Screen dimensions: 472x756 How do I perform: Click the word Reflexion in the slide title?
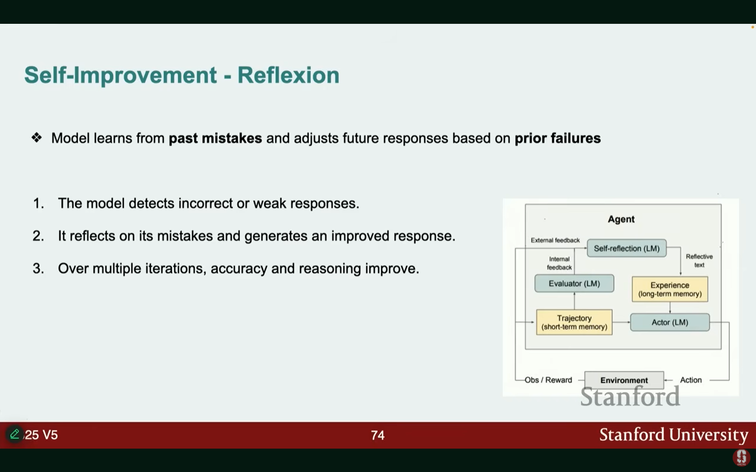288,75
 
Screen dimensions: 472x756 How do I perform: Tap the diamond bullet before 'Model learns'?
36,138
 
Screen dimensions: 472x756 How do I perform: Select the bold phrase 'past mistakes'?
215,138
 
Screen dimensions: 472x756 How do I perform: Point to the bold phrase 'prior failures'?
558,138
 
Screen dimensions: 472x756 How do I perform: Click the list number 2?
38,236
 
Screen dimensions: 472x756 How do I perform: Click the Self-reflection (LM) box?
626,248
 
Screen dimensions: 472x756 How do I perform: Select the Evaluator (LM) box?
574,284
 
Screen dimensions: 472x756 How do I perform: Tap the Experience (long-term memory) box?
670,289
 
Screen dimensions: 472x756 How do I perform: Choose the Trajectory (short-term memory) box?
574,322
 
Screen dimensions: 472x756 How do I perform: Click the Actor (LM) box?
670,322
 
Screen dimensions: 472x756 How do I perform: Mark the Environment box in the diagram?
624,380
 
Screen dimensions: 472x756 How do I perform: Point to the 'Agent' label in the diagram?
621,219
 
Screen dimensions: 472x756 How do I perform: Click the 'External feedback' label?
555,240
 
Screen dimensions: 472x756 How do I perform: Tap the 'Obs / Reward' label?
548,380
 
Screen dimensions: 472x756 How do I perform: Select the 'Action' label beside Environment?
690,380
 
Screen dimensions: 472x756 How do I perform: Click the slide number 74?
378,435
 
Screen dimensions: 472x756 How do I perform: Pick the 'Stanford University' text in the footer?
673,435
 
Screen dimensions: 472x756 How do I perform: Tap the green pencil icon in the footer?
14,434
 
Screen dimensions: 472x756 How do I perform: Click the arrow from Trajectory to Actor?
621,322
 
